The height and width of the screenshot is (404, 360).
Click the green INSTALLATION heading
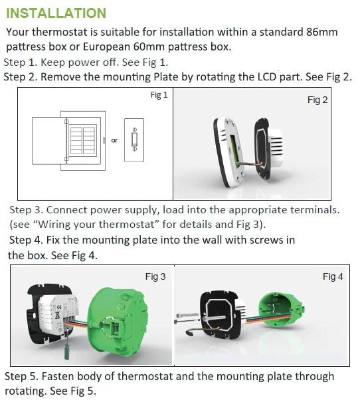56,13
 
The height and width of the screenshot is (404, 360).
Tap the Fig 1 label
159,95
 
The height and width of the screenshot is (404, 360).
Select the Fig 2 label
317,100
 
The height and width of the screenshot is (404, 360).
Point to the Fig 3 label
155,276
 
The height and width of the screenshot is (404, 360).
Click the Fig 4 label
333,276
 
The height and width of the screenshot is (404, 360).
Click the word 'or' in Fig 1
114,140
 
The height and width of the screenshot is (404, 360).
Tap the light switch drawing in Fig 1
134,140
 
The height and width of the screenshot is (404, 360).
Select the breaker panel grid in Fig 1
82,140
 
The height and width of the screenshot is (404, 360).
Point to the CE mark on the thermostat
59,307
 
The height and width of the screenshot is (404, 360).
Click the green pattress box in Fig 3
118,319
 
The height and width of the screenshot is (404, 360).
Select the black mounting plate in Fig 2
262,148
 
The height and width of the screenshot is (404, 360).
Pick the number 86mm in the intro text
322,32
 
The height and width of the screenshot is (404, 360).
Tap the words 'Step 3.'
26,210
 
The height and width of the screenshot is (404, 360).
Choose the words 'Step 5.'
21,376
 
